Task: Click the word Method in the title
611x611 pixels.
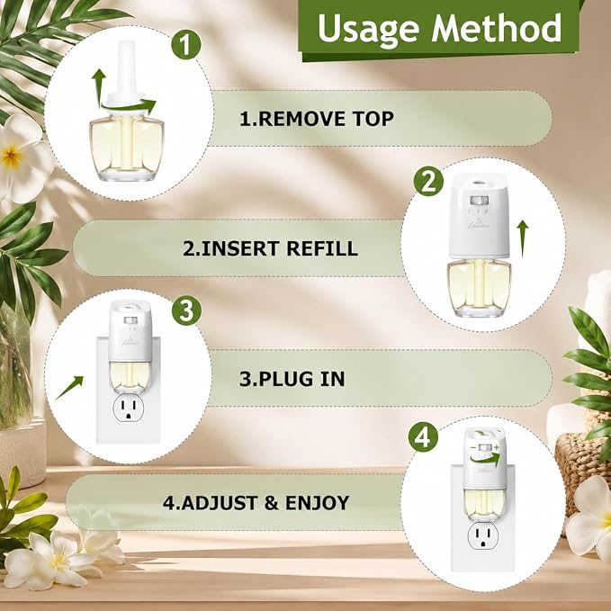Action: click(497, 27)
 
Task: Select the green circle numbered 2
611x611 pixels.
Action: click(428, 181)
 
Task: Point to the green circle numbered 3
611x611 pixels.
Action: click(186, 310)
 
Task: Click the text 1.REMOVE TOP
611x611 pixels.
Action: click(317, 119)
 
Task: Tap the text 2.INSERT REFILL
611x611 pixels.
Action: click(270, 248)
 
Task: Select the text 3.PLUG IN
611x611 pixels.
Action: click(292, 379)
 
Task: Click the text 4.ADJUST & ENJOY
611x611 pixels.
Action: click(256, 503)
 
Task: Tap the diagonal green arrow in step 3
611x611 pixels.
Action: click(69, 387)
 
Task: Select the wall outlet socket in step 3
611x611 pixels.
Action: click(128, 410)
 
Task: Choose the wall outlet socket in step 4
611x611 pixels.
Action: click(483, 537)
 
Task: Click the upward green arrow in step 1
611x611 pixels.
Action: click(99, 83)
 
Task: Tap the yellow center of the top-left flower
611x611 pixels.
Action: click(12, 156)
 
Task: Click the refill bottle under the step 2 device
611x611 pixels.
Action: click(479, 287)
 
